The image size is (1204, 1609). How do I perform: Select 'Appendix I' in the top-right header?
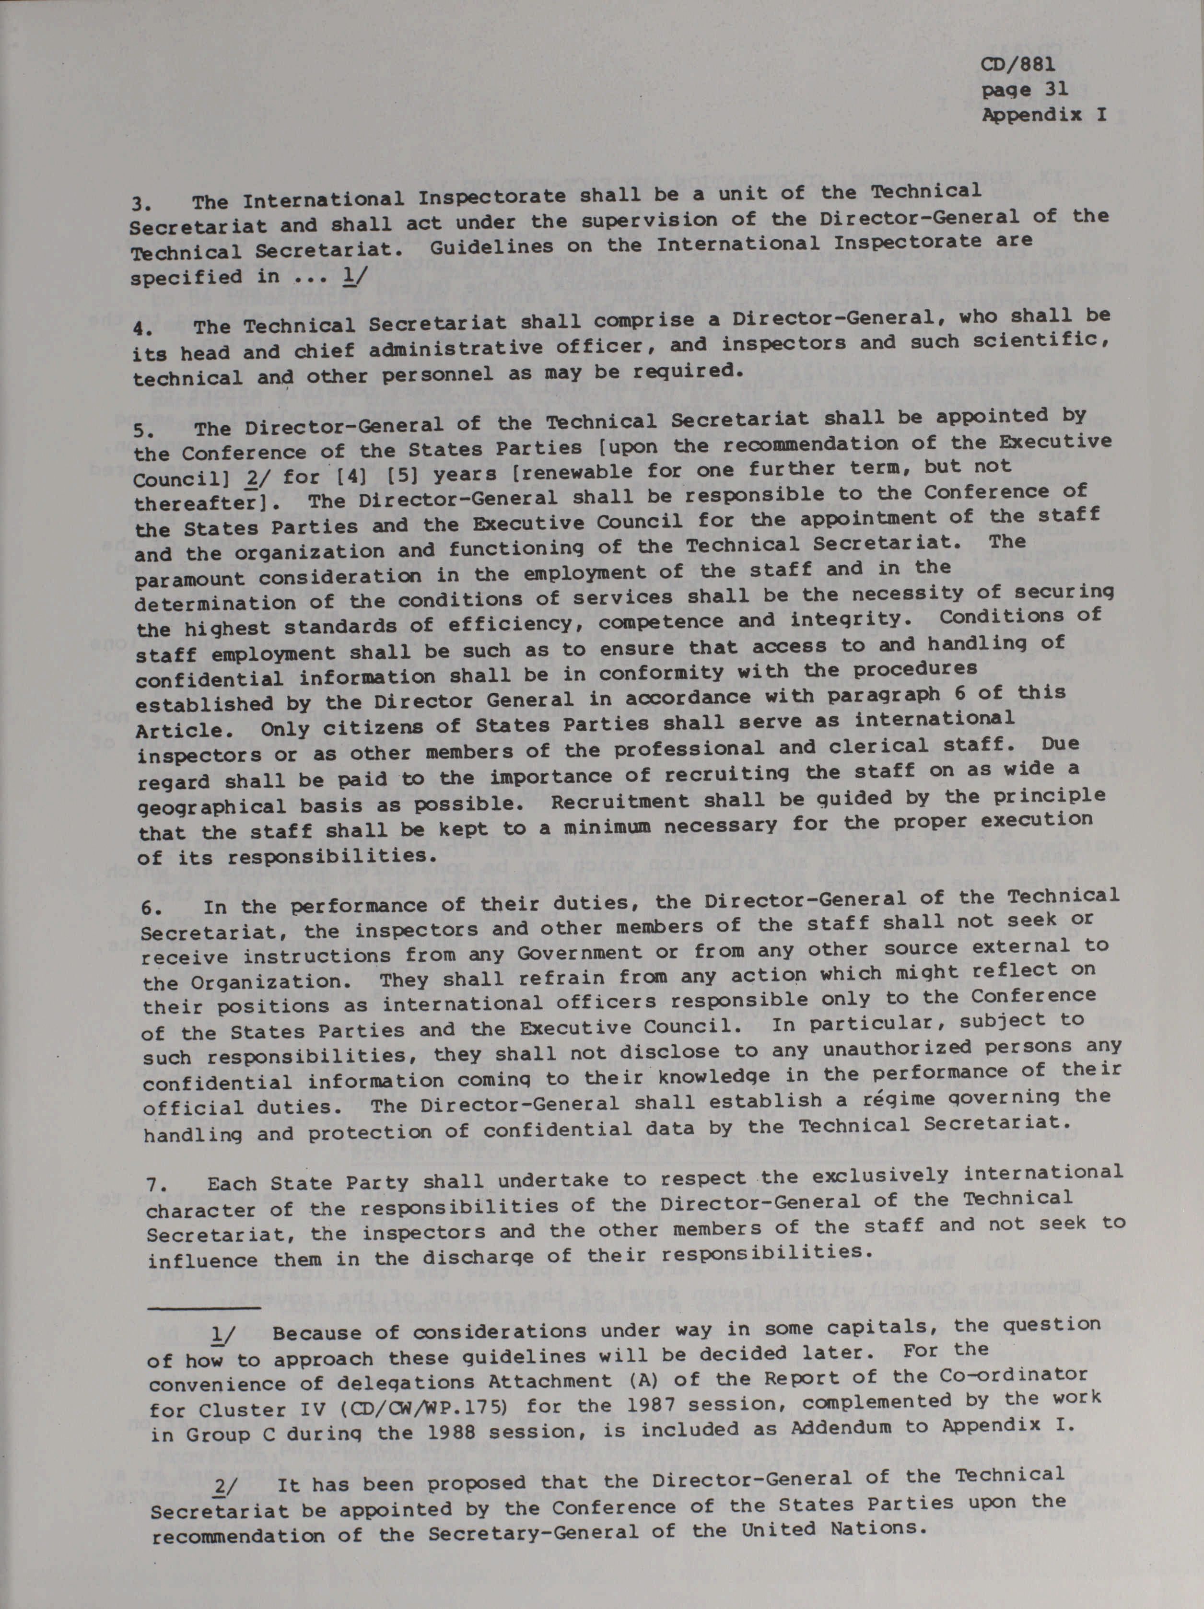1044,115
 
